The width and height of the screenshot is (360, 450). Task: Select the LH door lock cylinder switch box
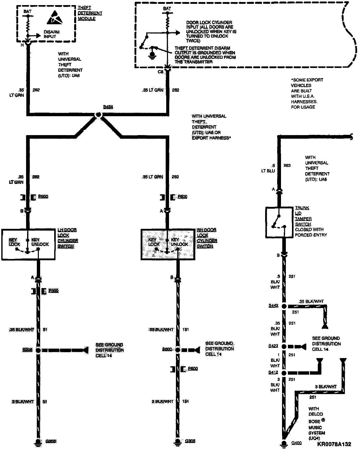tap(28, 245)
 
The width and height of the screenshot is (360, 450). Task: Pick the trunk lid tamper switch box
tap(279, 222)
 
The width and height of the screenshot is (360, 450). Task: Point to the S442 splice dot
tap(284, 306)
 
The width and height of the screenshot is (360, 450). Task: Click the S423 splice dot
tap(284, 346)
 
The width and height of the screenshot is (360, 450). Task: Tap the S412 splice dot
tap(284, 373)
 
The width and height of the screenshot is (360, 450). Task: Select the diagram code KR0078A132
tap(334, 444)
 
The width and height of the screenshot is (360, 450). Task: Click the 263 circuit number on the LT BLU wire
tap(287, 165)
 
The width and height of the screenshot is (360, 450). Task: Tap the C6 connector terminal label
tap(160, 72)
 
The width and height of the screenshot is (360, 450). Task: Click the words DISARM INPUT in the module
tap(52, 34)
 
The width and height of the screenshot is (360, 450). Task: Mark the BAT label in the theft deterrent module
tap(27, 11)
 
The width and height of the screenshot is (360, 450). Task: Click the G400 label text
tap(297, 443)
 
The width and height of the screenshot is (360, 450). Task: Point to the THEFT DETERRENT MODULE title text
tap(90, 13)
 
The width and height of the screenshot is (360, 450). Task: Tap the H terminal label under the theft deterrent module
tap(22, 45)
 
